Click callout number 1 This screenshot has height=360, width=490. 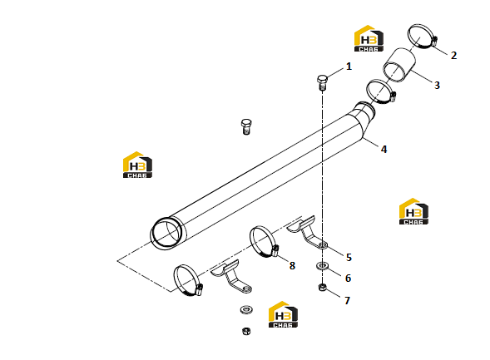tap(349, 67)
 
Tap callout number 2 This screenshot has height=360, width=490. tap(453, 55)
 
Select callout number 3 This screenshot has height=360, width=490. tap(437, 85)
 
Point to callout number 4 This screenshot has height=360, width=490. tap(384, 150)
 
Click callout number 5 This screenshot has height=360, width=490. tap(349, 257)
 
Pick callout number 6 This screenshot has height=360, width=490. tap(348, 278)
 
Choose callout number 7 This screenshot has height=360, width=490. tap(347, 300)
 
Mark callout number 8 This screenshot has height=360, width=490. tap(292, 266)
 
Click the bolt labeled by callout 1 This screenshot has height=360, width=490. tap(322, 82)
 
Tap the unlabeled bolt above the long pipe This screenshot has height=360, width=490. tap(246, 126)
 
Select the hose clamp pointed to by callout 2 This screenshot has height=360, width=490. tap(422, 37)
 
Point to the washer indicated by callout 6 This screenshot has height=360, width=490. tap(322, 266)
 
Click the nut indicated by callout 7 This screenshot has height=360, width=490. tap(322, 287)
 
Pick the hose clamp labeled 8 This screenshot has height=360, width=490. tap(264, 242)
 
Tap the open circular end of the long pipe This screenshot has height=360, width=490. tap(166, 234)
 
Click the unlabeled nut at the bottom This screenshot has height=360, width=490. tap(246, 331)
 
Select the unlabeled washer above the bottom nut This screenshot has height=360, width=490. tap(246, 310)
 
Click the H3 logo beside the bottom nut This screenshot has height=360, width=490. tap(283, 314)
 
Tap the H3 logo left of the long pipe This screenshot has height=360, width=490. tap(137, 165)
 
